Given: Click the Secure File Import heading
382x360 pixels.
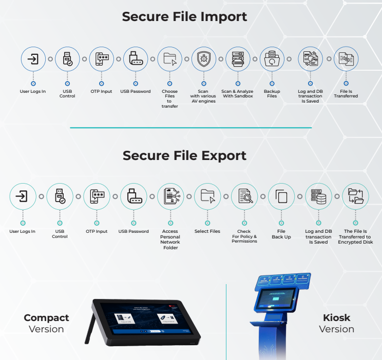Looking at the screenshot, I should click(x=184, y=16).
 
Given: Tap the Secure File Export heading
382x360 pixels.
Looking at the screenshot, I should click(x=184, y=155).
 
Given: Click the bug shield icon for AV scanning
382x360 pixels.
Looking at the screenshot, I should click(x=204, y=59).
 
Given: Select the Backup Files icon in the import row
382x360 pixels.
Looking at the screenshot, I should click(x=272, y=59).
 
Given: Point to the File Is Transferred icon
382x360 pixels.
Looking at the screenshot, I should click(x=346, y=59).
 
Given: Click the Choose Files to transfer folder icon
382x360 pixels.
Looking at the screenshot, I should click(x=169, y=59).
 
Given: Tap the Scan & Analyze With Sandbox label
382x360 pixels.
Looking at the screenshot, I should click(x=237, y=94).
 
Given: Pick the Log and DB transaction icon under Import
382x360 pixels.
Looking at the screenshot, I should click(x=311, y=59).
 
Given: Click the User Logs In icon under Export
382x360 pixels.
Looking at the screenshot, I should click(x=23, y=196).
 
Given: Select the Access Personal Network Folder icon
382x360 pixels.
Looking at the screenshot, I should click(x=170, y=196).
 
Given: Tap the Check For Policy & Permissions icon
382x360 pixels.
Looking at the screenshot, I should click(x=244, y=196).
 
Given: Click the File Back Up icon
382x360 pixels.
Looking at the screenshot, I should click(x=281, y=196).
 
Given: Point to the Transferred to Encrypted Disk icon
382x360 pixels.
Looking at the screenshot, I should click(x=355, y=196).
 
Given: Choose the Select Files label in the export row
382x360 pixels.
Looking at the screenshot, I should click(x=207, y=231).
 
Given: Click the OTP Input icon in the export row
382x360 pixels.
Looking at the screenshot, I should click(x=97, y=196).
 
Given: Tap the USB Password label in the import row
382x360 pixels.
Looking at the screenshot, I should click(x=136, y=91).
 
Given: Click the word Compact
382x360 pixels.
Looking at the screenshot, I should click(x=46, y=318).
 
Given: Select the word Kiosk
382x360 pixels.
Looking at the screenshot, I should click(x=336, y=318).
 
